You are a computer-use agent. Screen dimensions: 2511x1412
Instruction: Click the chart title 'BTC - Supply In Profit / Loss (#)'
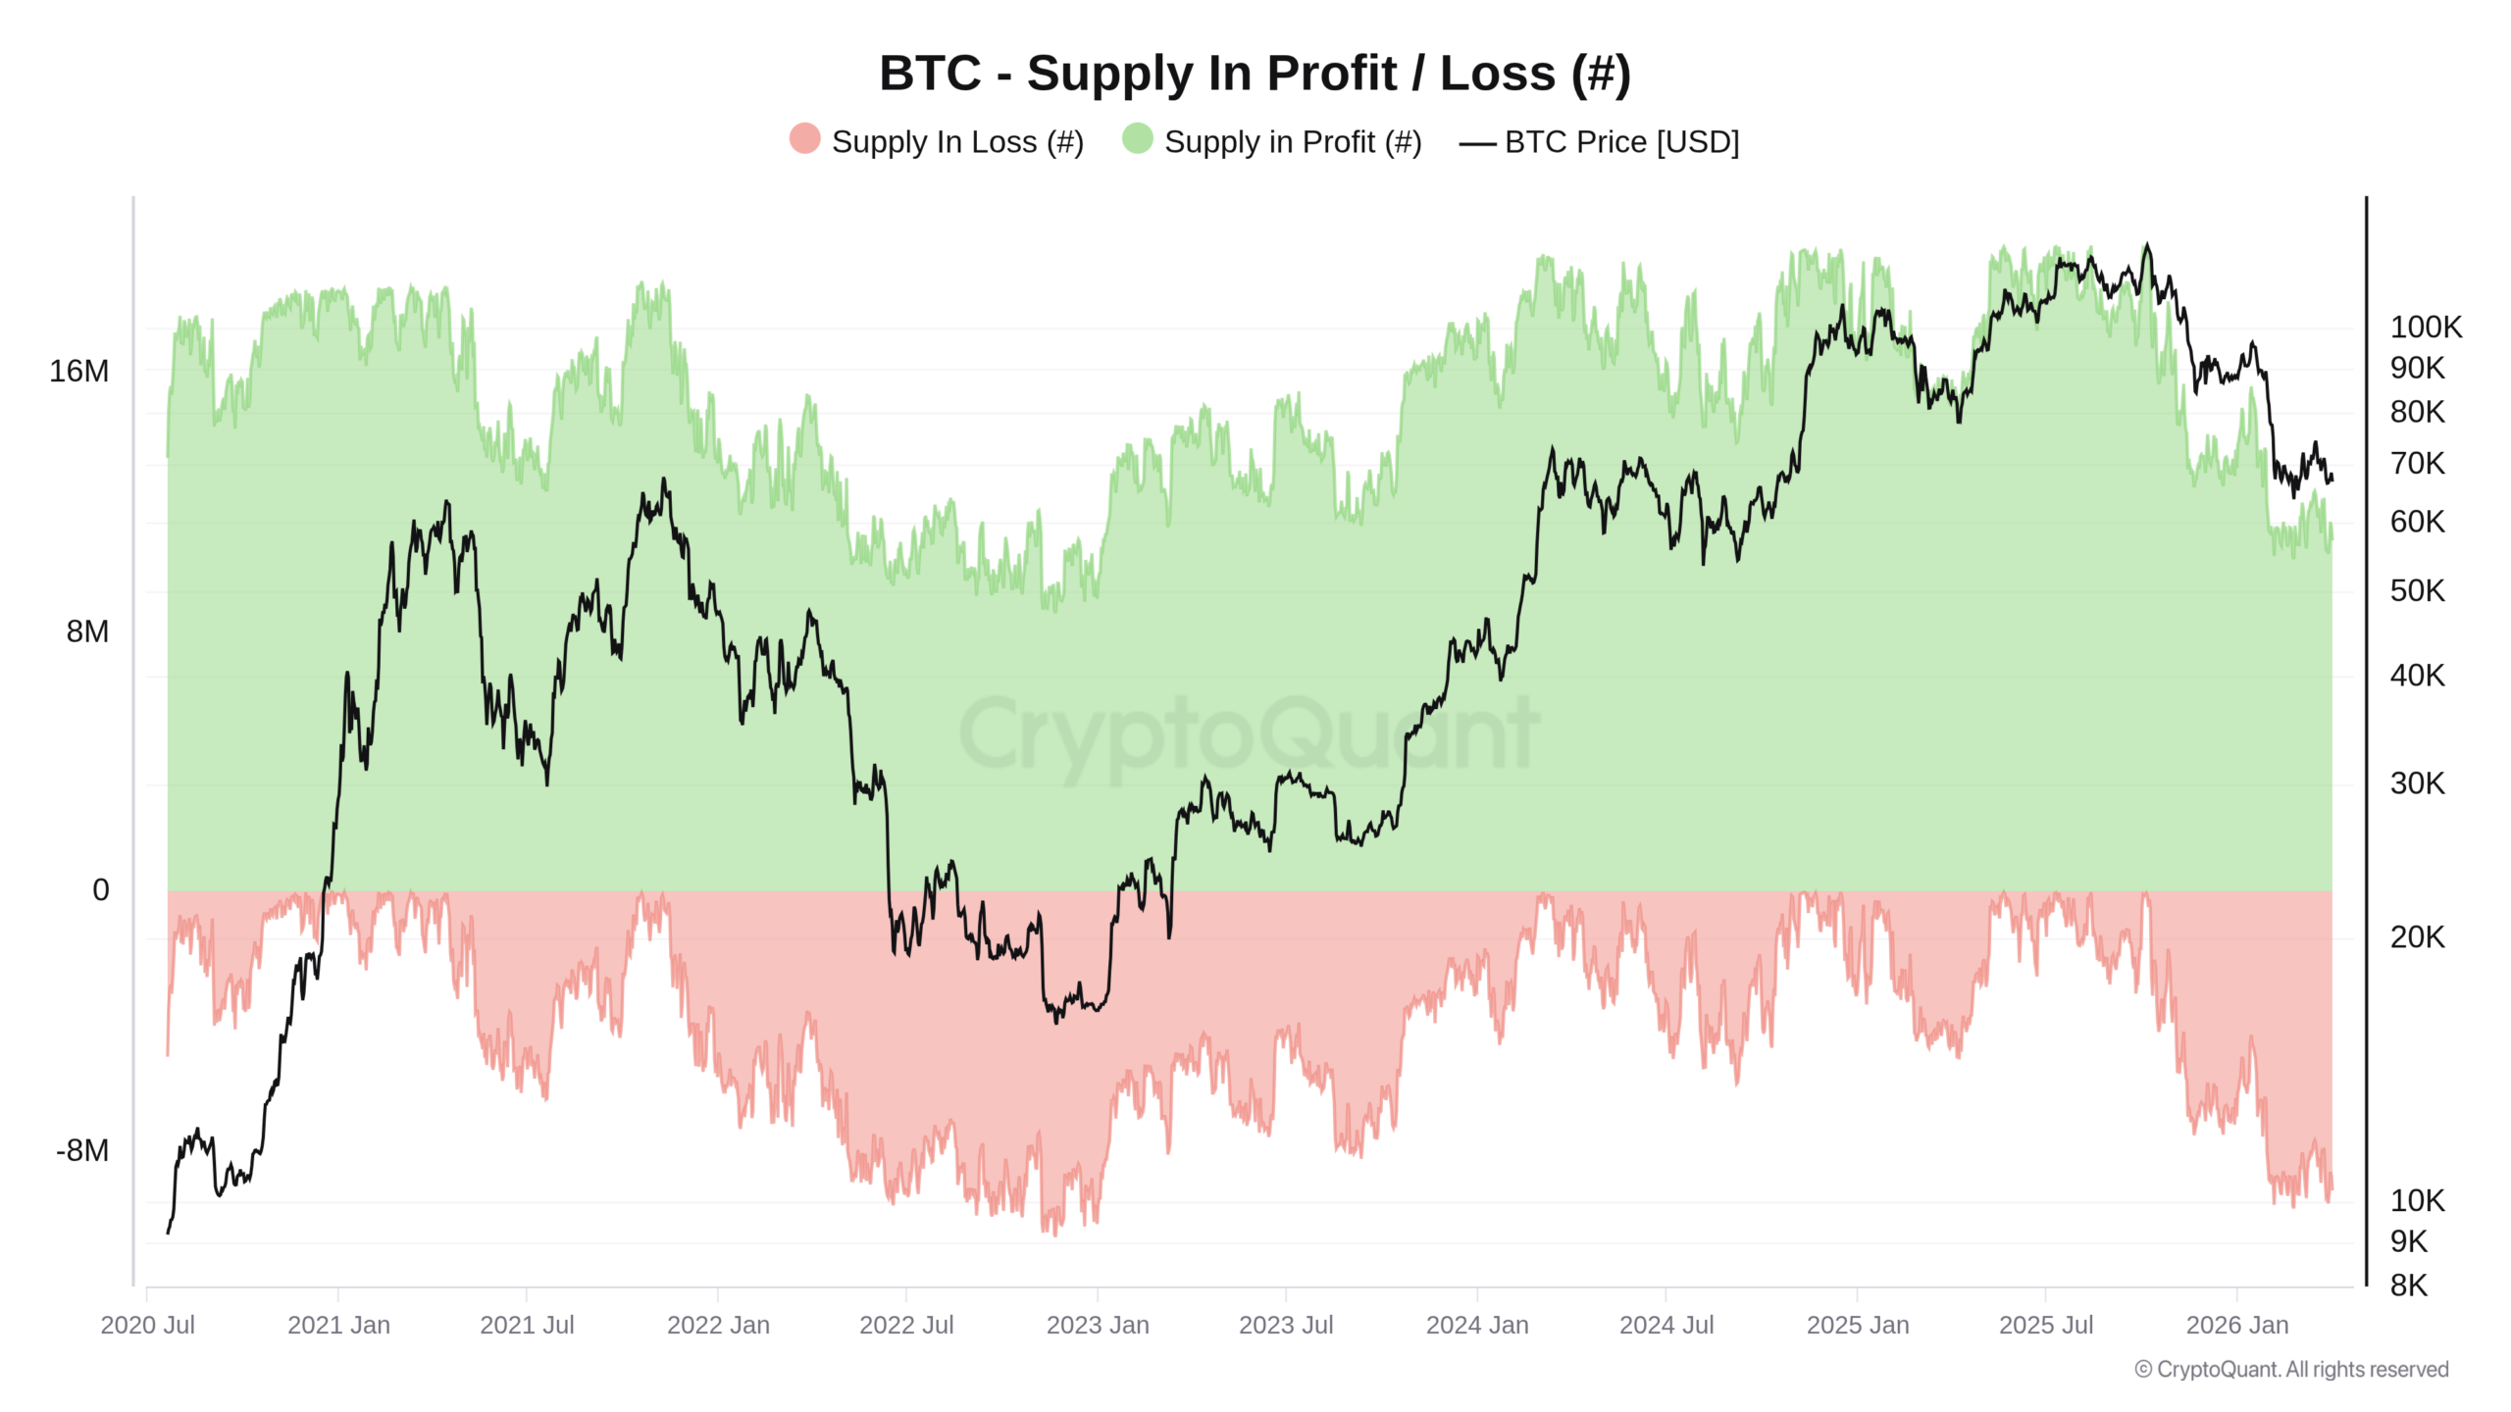[x=1255, y=74]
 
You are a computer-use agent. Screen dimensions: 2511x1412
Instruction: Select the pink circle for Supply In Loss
[x=804, y=138]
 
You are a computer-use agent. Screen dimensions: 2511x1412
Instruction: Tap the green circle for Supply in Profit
[x=1138, y=138]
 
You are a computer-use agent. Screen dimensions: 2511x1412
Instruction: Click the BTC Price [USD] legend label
[x=1621, y=142]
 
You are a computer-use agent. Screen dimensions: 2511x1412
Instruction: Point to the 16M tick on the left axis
[x=79, y=372]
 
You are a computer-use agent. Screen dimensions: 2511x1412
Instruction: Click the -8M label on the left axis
[x=82, y=1150]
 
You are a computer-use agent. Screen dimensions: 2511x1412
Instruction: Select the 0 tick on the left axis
[x=101, y=890]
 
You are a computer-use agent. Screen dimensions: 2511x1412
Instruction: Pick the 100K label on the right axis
[x=2426, y=327]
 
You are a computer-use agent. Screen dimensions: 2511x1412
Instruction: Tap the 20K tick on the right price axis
[x=2418, y=937]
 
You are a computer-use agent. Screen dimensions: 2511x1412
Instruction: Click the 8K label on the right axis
[x=2409, y=1286]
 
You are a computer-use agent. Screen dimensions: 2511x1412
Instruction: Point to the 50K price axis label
[x=2418, y=591]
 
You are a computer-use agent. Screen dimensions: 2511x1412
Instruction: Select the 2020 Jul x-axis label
[x=148, y=1325]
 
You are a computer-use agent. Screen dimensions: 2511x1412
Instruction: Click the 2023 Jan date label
[x=1098, y=1325]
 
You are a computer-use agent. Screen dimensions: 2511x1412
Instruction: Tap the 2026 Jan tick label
[x=2237, y=1325]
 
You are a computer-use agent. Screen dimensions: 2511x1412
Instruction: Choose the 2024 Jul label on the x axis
[x=1666, y=1325]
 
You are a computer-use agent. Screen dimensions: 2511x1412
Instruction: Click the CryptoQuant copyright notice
[x=2291, y=1370]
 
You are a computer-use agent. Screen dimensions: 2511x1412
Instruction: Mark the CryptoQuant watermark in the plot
[x=1249, y=734]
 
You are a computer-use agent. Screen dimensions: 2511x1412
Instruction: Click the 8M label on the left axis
[x=87, y=631]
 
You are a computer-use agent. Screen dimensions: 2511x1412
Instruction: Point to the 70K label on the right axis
[x=2418, y=463]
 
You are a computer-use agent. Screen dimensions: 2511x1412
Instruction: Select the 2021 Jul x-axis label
[x=527, y=1325]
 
